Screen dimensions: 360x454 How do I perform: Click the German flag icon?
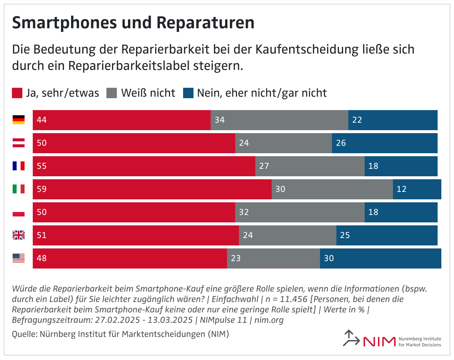tap(19, 120)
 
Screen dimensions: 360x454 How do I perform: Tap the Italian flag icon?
tap(19, 189)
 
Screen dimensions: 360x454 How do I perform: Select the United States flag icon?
tap(19, 258)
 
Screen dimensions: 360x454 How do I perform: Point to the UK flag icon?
tap(19, 235)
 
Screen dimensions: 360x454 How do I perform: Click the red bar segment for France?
tap(144, 166)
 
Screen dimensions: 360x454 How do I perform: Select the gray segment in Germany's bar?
tap(279, 120)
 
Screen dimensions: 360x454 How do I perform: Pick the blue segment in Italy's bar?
tap(417, 189)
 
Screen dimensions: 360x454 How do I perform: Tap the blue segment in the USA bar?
tap(380, 258)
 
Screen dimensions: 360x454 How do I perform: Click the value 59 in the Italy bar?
tap(42, 189)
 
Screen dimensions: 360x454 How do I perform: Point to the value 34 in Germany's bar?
tap(220, 120)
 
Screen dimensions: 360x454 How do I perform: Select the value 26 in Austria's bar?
tap(341, 143)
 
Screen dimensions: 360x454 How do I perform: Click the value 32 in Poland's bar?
tap(244, 212)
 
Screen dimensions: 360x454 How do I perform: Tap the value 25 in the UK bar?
tap(345, 235)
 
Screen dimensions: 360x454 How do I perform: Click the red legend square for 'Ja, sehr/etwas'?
tap(17, 93)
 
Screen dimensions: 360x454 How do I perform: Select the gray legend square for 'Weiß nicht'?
tap(112, 93)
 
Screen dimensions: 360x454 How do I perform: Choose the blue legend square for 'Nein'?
tap(188, 93)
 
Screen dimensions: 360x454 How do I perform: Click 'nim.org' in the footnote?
tap(270, 320)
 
